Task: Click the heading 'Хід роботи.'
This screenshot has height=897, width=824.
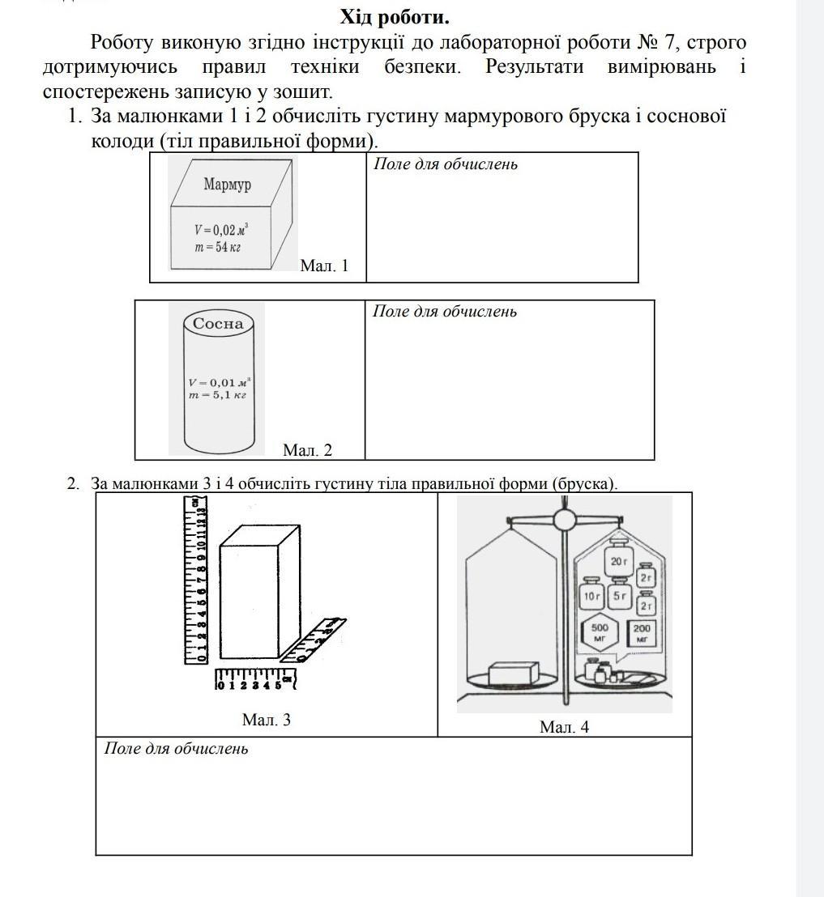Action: coord(395,17)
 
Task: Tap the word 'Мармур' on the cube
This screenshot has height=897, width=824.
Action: coord(227,185)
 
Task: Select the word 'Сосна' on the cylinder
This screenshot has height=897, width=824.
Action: coord(218,323)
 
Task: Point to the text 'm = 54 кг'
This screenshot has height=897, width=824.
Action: coord(216,247)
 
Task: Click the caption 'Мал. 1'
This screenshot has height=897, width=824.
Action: coord(323,266)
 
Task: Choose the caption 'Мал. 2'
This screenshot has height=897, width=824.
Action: coord(307,450)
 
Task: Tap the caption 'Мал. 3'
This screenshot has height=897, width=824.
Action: coord(266,719)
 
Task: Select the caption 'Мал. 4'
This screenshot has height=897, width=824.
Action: coord(564,727)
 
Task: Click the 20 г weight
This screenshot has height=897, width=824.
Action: coord(619,561)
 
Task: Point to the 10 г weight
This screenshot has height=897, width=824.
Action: coord(591,597)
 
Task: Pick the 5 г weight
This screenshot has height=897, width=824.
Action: coord(620,597)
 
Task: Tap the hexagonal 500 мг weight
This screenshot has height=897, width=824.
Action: coord(600,633)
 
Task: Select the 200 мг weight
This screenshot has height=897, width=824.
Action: coord(642,633)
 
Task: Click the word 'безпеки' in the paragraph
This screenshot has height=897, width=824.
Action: coord(422,66)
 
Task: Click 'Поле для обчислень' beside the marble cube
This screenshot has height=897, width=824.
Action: coord(445,164)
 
